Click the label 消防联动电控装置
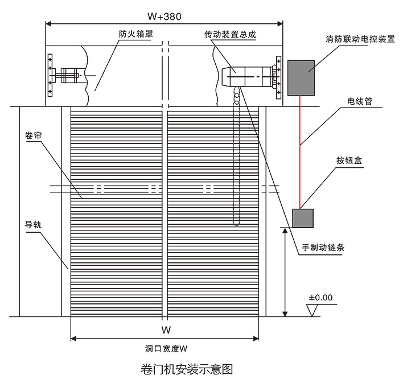361,40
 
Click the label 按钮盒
351,161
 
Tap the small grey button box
302,218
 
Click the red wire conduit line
300,148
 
